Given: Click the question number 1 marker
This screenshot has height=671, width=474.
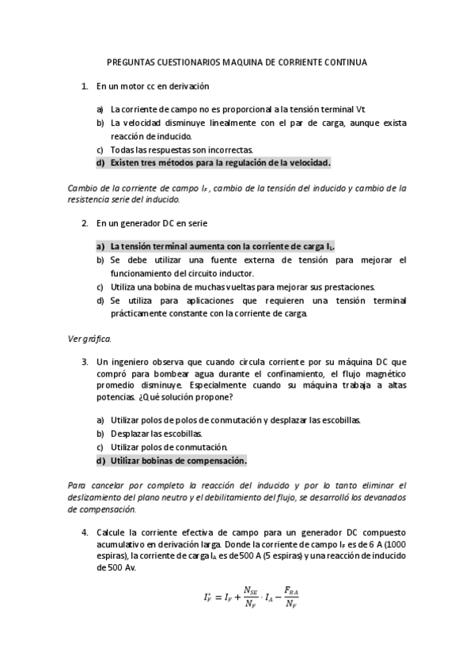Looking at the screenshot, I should pos(85,85).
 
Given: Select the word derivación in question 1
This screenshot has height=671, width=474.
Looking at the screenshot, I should pos(190,85).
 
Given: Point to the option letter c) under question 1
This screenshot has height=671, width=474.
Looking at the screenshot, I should pos(100,150).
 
